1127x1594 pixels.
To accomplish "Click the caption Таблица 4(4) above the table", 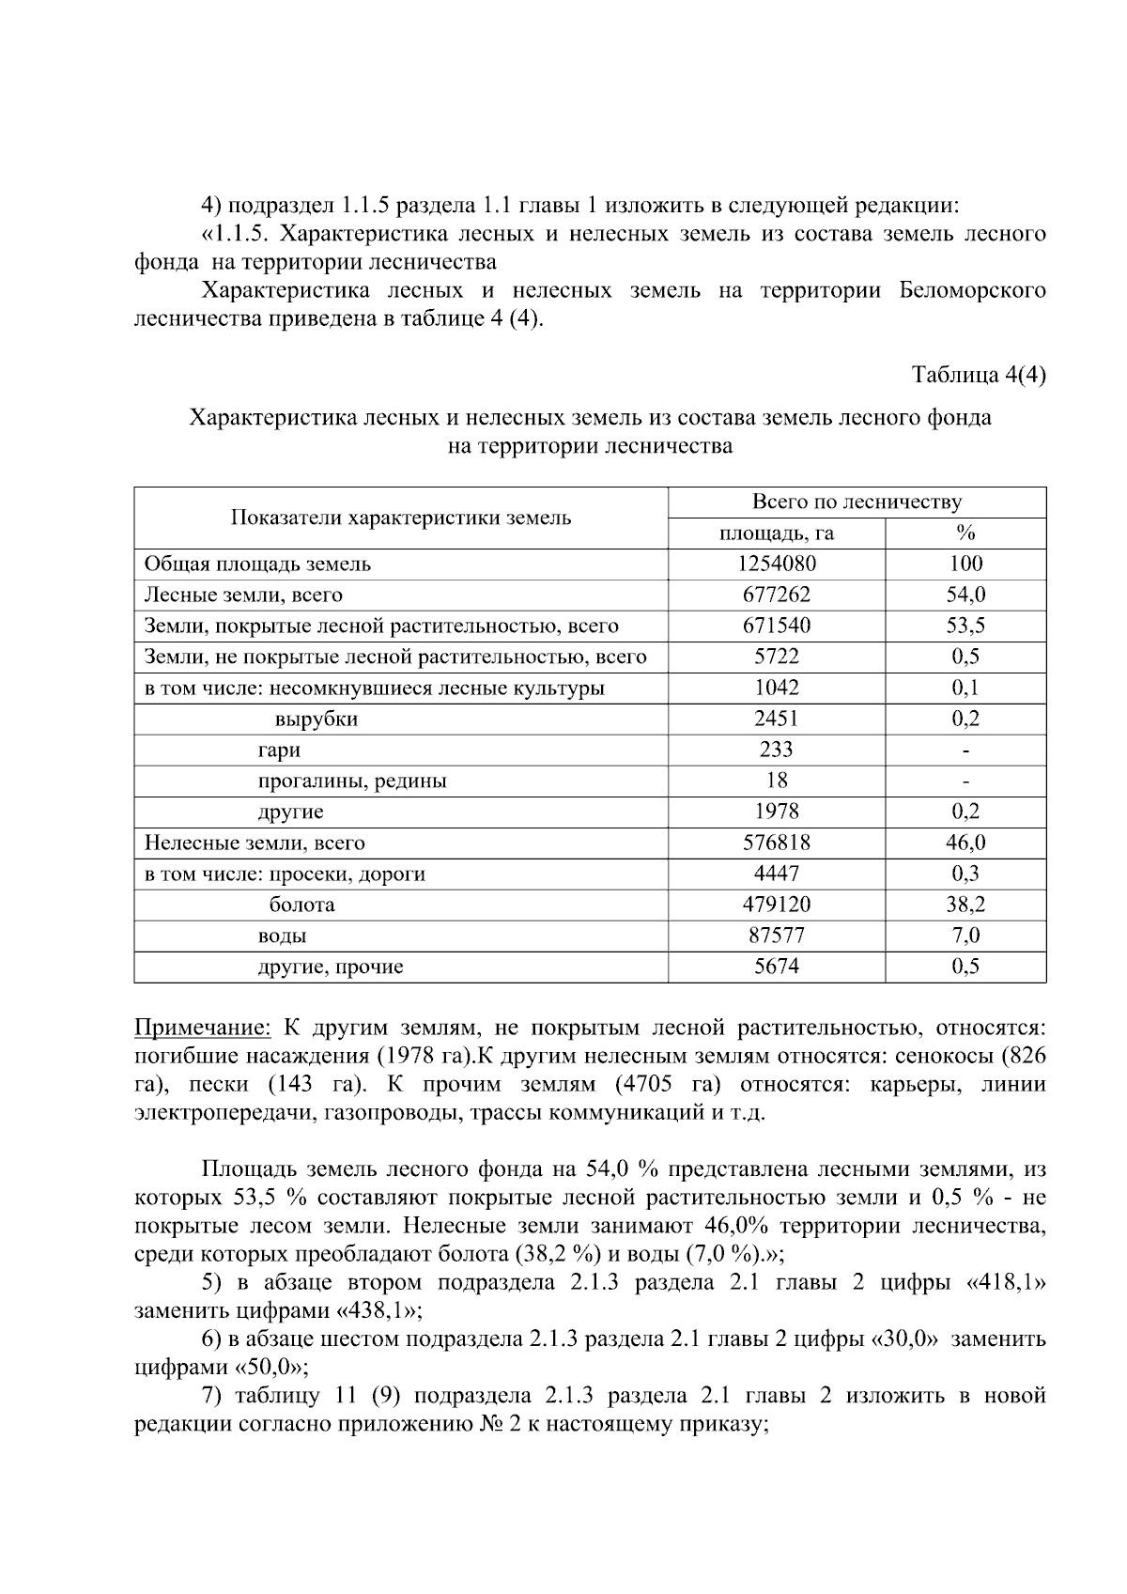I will click(979, 375).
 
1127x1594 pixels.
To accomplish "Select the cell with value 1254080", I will click(776, 564).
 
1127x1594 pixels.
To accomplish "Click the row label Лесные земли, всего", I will click(242, 595).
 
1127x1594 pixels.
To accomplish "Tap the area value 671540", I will click(776, 626).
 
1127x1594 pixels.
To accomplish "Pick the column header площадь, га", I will click(776, 534).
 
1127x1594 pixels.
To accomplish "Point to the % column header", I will click(965, 534).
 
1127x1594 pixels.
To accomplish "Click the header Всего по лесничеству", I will click(856, 503).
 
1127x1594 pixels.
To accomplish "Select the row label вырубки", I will click(316, 720).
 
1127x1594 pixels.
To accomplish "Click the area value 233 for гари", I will click(776, 750).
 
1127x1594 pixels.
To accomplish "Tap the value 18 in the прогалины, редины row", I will click(776, 781).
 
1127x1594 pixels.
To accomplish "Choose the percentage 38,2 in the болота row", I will click(965, 905).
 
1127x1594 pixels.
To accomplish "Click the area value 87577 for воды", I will click(776, 936).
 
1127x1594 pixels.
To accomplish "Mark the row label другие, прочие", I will click(330, 967).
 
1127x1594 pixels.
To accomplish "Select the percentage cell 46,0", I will click(965, 843).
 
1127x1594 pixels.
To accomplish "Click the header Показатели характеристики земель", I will click(401, 518).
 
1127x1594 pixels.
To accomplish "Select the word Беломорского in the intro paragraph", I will click(972, 290).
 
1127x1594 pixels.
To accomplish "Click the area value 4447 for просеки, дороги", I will click(776, 874).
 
